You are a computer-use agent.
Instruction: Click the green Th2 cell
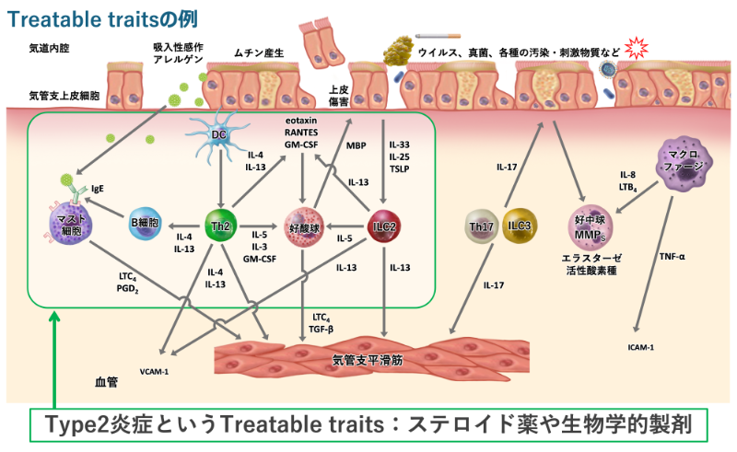pos(220,224)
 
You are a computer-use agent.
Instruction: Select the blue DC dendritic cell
pos(218,135)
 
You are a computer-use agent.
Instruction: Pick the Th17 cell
pos(481,226)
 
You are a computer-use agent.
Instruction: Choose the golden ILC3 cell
pos(520,226)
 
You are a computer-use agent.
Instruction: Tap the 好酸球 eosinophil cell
pos(303,226)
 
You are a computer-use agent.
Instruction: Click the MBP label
pos(357,145)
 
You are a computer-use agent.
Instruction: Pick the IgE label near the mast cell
pos(97,189)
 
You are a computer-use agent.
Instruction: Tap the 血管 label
pos(106,380)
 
